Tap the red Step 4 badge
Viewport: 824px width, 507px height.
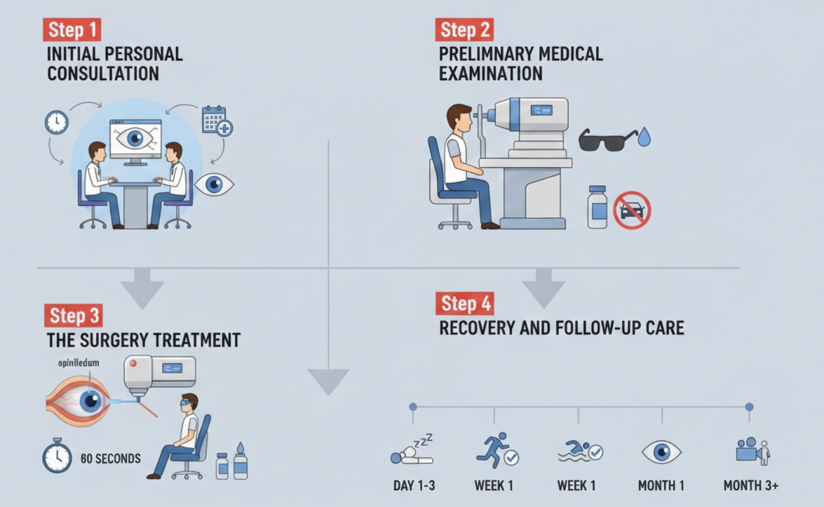(466, 304)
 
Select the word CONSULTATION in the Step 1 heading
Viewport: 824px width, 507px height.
(103, 74)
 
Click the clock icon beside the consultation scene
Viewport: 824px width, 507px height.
(57, 122)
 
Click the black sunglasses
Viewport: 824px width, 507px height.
(607, 140)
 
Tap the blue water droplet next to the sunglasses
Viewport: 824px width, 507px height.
(644, 137)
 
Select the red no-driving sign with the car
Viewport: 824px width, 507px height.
(632, 210)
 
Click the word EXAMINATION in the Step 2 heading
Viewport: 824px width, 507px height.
(491, 74)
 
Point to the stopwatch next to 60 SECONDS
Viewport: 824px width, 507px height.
(58, 456)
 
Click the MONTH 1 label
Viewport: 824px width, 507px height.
(661, 485)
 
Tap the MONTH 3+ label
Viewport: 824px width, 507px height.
(750, 485)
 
